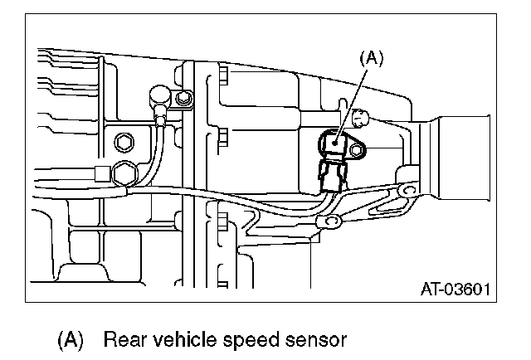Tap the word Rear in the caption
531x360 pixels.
[x=124, y=339]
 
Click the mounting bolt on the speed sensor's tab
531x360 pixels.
[x=358, y=149]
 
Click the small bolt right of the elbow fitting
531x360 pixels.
[x=183, y=101]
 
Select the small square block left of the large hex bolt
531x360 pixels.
[x=101, y=173]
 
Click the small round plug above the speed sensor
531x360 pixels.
[x=360, y=117]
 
